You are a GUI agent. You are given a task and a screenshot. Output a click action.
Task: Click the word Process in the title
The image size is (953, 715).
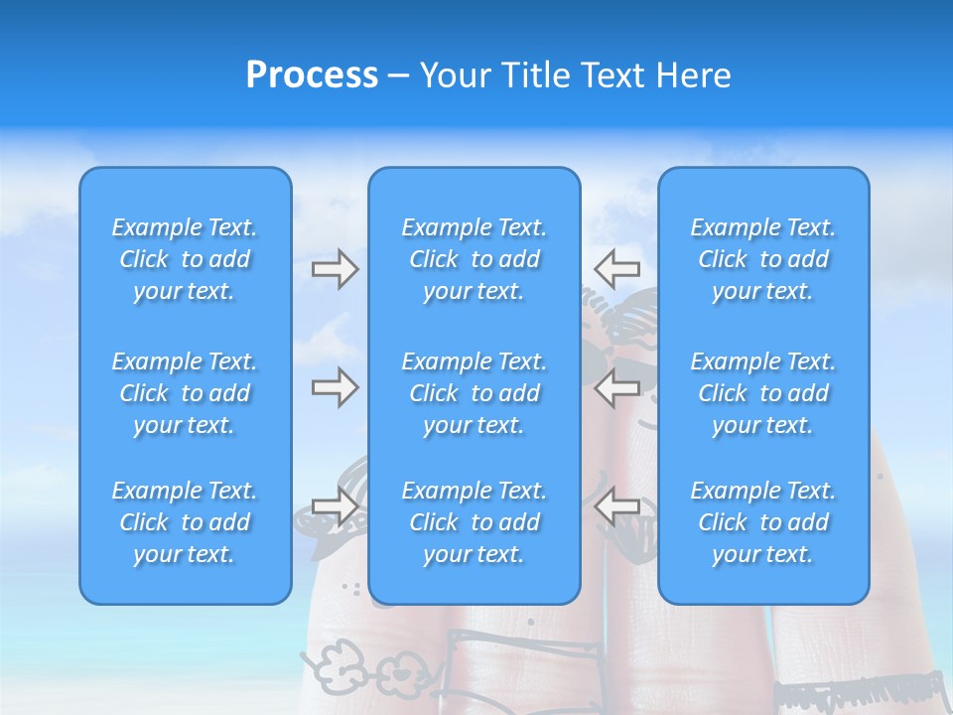point(312,75)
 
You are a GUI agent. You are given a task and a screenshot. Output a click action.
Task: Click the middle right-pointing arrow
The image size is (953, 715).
point(335,387)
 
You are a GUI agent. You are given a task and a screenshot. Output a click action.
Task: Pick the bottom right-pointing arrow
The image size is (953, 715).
point(335,506)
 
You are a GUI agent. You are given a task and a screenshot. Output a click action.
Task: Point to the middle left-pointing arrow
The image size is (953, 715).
point(616,387)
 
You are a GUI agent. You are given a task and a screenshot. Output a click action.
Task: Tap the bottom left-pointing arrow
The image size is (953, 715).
point(616,506)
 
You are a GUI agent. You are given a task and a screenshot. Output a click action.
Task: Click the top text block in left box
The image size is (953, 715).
point(185,259)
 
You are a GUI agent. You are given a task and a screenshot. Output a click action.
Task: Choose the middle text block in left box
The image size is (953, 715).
point(185,393)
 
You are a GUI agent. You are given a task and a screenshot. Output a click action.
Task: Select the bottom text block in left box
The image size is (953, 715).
point(185,522)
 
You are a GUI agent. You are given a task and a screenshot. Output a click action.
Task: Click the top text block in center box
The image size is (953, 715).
point(474,259)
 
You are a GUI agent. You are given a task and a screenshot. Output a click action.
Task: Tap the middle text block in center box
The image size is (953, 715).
point(474,393)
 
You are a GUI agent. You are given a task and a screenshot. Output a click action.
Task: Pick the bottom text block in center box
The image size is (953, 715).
point(474,522)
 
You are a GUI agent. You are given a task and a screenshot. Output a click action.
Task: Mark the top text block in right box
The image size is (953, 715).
point(762,259)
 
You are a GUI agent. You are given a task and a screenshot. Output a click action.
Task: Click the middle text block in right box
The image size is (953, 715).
point(762,393)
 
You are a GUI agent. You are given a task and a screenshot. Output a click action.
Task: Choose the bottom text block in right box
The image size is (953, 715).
point(762,522)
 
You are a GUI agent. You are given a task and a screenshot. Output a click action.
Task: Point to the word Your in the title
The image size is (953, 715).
point(456,75)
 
